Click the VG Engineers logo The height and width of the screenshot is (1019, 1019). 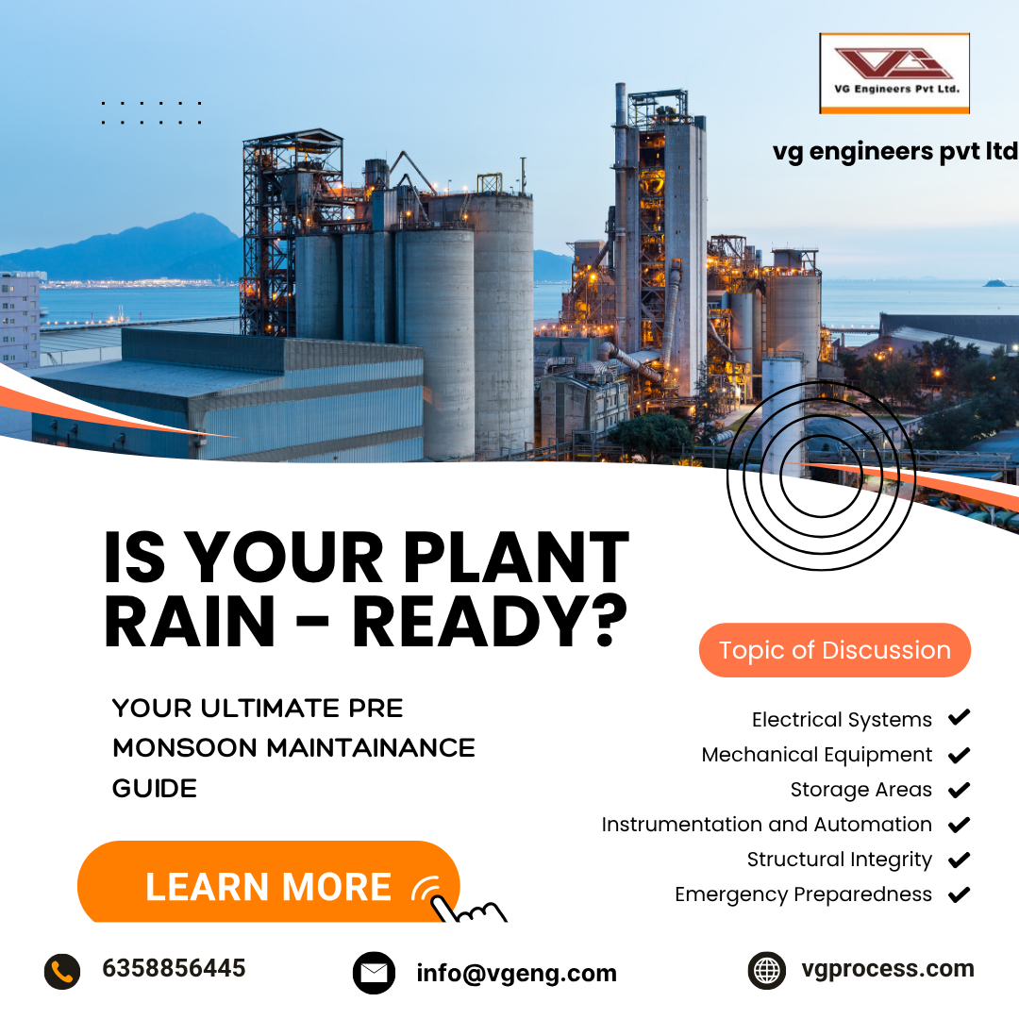(x=894, y=73)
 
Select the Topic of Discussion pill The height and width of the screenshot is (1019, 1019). (x=835, y=650)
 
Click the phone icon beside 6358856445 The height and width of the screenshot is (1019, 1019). (x=62, y=971)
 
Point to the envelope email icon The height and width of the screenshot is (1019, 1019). (x=374, y=973)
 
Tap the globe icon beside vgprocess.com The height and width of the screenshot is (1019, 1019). (x=766, y=970)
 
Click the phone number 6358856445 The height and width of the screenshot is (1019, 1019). (x=174, y=969)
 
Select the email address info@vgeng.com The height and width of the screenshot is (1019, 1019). (x=516, y=973)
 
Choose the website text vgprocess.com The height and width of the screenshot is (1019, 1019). (x=887, y=969)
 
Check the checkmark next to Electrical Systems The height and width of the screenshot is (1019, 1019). (x=959, y=719)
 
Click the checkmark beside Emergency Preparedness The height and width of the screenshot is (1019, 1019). (x=959, y=894)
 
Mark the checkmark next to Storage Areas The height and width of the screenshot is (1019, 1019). (x=959, y=790)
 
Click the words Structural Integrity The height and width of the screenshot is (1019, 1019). (x=839, y=860)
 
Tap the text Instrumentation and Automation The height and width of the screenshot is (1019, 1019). (x=766, y=825)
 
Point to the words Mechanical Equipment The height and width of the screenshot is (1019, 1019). (x=816, y=755)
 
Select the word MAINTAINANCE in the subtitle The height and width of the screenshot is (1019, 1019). (x=371, y=748)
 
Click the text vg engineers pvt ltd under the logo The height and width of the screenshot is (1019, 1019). (x=894, y=151)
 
